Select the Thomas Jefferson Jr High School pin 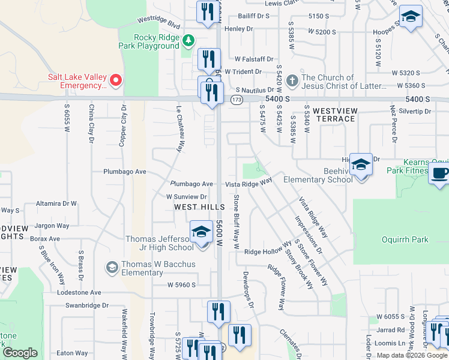click(202, 232)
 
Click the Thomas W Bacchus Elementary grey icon click(112, 266)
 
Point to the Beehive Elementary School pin click(361, 165)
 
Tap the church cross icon click(292, 80)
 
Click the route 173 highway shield click(236, 100)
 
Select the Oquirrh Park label click(405, 240)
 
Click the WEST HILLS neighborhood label click(199, 207)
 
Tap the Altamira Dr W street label click(56, 203)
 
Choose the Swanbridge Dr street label click(87, 305)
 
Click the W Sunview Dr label click(187, 196)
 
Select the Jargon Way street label click(52, 226)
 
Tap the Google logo click(19, 352)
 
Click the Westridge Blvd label click(158, 23)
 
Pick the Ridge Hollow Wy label click(267, 252)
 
